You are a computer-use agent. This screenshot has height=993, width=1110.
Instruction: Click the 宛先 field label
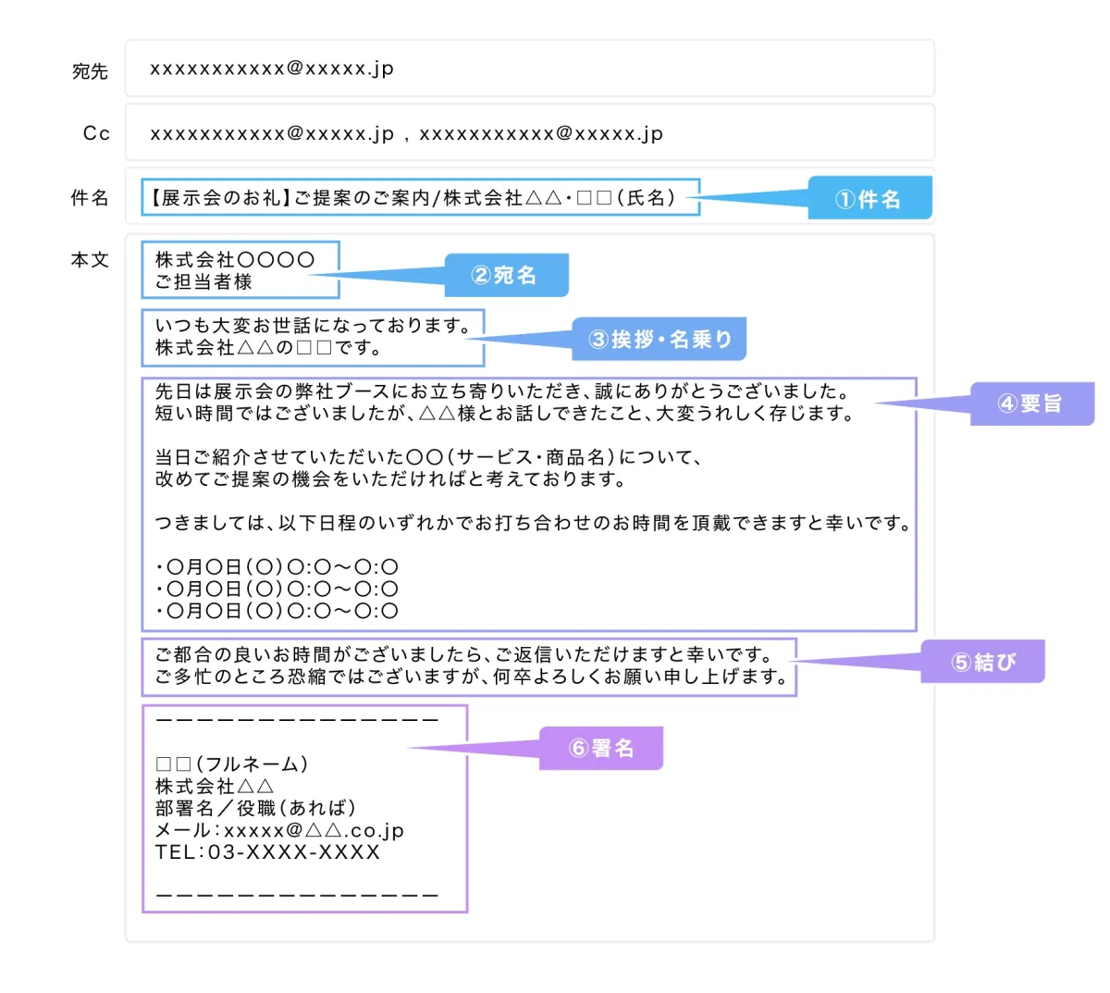[x=90, y=71]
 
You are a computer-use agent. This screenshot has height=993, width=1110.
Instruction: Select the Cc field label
[x=96, y=133]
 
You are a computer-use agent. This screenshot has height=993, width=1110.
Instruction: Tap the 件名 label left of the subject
[x=90, y=197]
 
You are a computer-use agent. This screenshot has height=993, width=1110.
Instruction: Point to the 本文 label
[x=90, y=259]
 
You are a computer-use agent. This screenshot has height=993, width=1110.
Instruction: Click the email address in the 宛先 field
[x=272, y=69]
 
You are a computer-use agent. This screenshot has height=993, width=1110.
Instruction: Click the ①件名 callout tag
[x=869, y=198]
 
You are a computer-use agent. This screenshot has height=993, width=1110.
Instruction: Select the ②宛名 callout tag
[x=506, y=275]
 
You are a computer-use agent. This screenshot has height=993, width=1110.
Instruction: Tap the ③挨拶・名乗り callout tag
[x=660, y=339]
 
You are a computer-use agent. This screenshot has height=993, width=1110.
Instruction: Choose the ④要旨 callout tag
[x=1032, y=403]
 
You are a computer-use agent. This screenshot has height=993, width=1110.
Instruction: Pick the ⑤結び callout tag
[x=983, y=662]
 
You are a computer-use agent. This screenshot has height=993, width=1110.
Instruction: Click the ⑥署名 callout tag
[x=601, y=748]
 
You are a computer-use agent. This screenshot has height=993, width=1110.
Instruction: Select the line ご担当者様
[x=203, y=282]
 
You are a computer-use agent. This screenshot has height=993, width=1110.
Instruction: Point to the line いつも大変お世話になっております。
[x=313, y=325]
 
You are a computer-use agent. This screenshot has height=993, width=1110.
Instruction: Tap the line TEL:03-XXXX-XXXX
[x=267, y=852]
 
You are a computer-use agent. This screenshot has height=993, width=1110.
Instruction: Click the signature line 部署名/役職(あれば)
[x=256, y=808]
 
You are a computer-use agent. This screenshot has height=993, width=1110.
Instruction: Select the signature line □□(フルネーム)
[x=232, y=763]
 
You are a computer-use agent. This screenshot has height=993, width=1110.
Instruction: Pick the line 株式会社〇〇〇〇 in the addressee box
[x=235, y=259]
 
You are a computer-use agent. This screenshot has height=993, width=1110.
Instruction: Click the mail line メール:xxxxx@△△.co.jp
[x=279, y=830]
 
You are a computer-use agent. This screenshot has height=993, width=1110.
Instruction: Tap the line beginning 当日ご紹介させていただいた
[x=428, y=457]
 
